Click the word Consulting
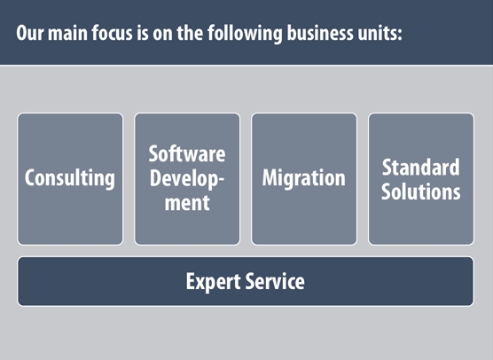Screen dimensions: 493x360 pos(70,178)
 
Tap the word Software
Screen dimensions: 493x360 pos(187,153)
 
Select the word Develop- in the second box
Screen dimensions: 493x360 pos(187,179)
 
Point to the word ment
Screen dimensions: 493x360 pos(187,203)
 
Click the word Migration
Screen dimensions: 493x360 pos(304,178)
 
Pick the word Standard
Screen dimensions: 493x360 pos(420,168)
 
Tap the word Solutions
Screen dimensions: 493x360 pos(420,192)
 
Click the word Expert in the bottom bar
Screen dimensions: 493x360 pos(213,282)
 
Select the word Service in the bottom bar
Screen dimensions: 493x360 pos(275,281)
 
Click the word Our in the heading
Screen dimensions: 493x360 pos(29,33)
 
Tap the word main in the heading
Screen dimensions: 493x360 pos(67,33)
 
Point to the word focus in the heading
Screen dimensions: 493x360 pos(113,33)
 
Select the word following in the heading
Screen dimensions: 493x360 pos(245,34)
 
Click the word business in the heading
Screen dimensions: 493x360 pos(320,33)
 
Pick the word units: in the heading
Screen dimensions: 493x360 pos(380,33)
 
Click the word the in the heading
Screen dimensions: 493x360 pos(190,33)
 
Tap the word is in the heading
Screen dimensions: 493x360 pos(143,33)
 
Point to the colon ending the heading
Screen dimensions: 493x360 pos(400,35)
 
